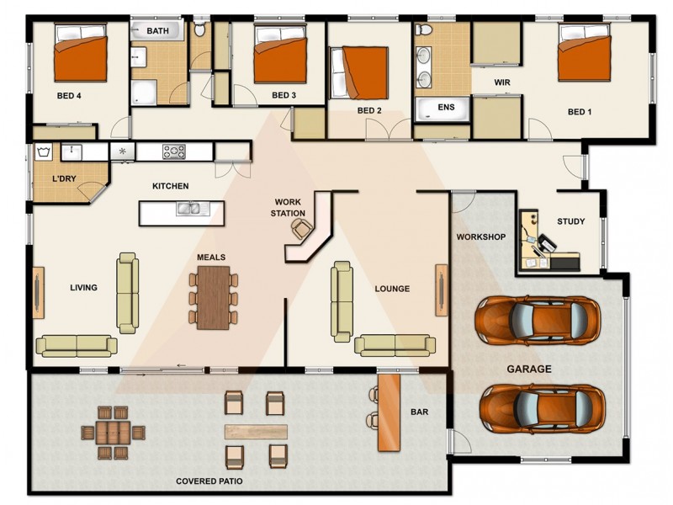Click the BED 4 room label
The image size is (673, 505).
click(67, 95)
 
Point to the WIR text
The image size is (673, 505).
click(503, 82)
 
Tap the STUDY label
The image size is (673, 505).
click(570, 222)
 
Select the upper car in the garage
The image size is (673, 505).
click(538, 320)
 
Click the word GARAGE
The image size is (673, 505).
click(528, 369)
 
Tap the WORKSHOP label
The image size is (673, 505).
click(480, 237)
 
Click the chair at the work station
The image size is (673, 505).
click(299, 228)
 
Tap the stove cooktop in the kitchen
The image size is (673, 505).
click(173, 151)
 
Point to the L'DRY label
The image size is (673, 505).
click(66, 178)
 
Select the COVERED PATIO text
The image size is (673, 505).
click(209, 481)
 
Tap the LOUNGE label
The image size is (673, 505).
click(392, 289)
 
